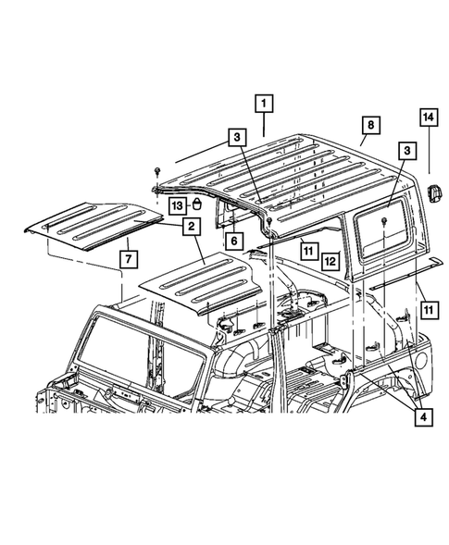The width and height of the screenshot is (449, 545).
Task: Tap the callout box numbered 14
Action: coord(429,118)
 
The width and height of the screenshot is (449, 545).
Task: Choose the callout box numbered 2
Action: coord(191,225)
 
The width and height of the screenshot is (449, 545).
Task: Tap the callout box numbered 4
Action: coord(421,417)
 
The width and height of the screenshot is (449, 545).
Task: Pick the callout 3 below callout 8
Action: coord(405,149)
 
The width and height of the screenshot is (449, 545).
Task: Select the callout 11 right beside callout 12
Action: coord(307,249)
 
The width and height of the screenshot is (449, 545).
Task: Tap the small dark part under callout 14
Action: coord(433,192)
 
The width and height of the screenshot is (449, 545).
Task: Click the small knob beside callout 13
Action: coord(196,204)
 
